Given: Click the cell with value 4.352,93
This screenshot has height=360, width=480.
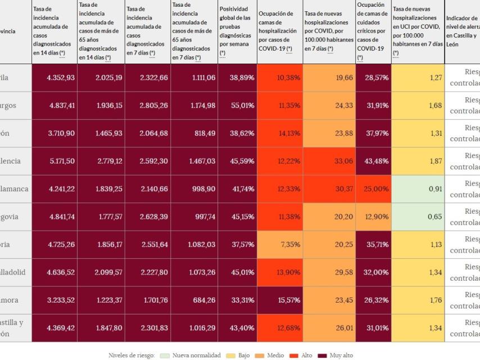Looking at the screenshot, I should [x=55, y=78].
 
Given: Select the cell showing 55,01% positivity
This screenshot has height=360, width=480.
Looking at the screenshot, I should [x=235, y=105].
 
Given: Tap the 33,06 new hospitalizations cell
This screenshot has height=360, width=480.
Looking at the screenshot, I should [x=328, y=161].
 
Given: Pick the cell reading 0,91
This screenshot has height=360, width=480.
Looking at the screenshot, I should [x=418, y=189].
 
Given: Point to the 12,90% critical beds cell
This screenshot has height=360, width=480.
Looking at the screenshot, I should [x=373, y=217].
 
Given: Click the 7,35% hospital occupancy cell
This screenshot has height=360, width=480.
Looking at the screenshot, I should [x=279, y=245].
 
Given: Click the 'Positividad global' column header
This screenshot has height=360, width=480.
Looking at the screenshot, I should [x=235, y=33].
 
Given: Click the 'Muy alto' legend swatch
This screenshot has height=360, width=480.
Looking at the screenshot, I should [x=323, y=355].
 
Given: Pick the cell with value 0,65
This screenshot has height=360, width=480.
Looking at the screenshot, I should [x=418, y=217].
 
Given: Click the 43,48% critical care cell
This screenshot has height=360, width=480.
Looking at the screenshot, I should [x=373, y=161].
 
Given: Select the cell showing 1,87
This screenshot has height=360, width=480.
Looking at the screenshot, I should [x=418, y=161].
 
